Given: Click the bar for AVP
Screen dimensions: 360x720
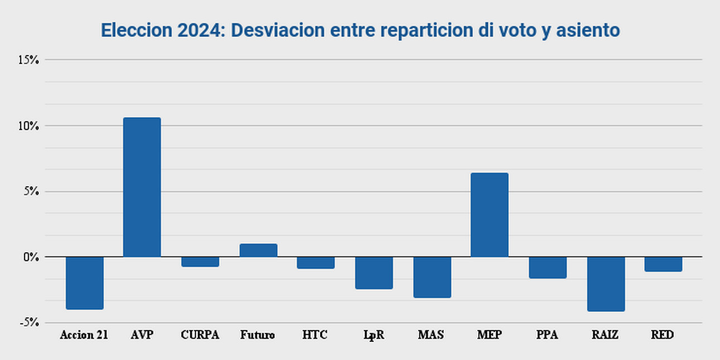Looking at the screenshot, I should [x=142, y=187].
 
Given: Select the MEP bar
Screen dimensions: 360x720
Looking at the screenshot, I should [x=489, y=215].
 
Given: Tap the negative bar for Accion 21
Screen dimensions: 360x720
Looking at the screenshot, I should [x=84, y=283].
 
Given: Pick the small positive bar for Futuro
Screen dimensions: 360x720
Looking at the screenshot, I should [x=258, y=251].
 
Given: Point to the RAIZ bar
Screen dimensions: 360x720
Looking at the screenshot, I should [x=606, y=284].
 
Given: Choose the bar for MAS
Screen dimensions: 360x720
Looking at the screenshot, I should [x=432, y=277].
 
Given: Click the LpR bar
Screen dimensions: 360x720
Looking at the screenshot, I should [x=374, y=273].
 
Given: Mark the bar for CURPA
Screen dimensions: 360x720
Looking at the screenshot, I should [x=200, y=262].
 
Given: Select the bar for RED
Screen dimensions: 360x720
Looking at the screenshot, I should [x=664, y=264].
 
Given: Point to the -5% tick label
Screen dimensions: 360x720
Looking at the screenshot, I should [x=29, y=323].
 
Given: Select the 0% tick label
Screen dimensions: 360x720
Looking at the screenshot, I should [x=31, y=257].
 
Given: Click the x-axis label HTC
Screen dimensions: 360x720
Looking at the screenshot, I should [x=315, y=335].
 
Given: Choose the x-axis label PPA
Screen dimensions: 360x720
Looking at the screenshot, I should [x=548, y=335].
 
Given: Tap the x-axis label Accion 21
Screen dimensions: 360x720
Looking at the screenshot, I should [x=84, y=335].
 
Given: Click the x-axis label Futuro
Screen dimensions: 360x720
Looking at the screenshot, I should [x=258, y=335].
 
